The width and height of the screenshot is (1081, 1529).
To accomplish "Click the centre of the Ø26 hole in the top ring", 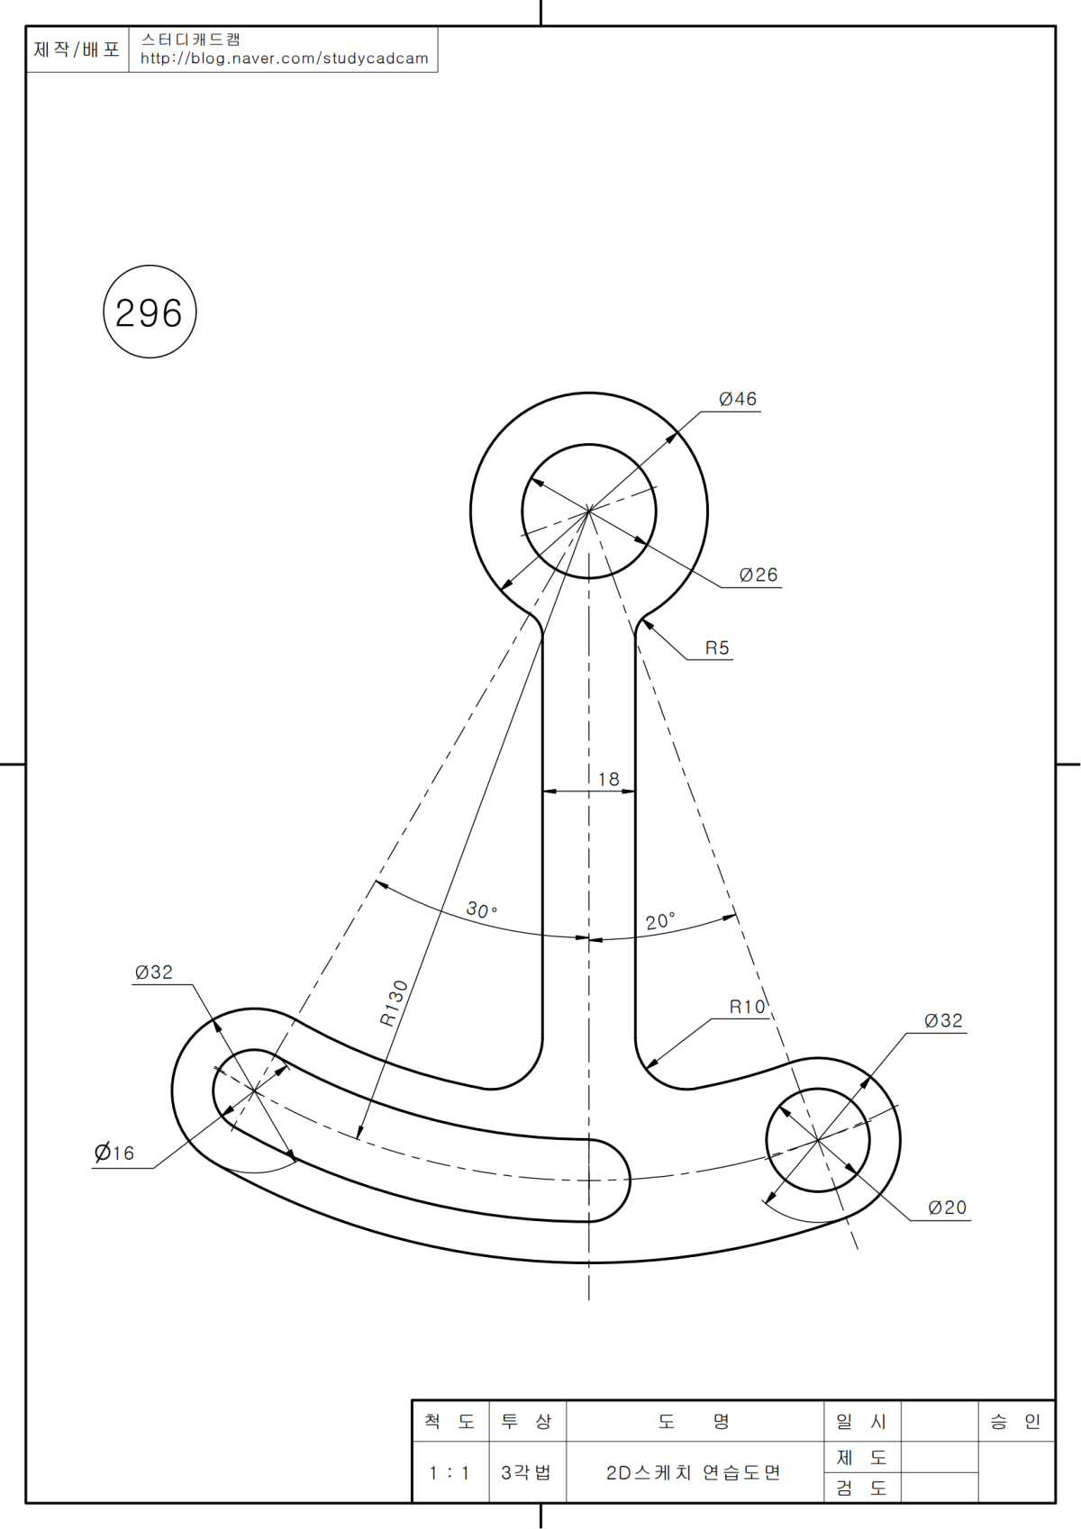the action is click(588, 511).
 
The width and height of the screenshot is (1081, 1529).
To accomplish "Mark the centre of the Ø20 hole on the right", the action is click(817, 1140).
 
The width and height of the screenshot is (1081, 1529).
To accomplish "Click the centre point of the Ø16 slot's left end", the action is click(255, 1090).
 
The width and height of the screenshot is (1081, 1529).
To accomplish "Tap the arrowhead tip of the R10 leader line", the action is click(646, 1068).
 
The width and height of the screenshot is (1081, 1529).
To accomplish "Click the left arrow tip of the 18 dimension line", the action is click(543, 792).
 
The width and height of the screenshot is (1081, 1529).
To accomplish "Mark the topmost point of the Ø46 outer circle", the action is click(588, 393).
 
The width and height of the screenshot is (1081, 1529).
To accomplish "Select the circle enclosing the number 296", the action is click(150, 312).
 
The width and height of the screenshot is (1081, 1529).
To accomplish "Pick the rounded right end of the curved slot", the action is click(629, 1180).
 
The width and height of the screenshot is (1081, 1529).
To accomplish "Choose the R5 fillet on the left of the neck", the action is click(538, 621).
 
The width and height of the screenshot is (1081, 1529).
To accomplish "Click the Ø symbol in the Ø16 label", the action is click(103, 1153).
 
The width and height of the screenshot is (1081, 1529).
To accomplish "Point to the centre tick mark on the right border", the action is click(1068, 764).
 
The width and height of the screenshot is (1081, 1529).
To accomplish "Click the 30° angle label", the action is click(482, 909).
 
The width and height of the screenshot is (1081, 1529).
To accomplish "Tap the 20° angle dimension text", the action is click(660, 921).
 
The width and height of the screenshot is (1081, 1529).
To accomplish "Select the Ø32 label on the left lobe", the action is click(154, 972).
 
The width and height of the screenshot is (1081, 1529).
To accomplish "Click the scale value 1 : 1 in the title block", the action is click(450, 1473).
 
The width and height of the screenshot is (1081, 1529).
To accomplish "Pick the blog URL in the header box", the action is click(284, 59).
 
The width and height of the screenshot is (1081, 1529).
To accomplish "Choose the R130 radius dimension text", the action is click(394, 1003).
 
